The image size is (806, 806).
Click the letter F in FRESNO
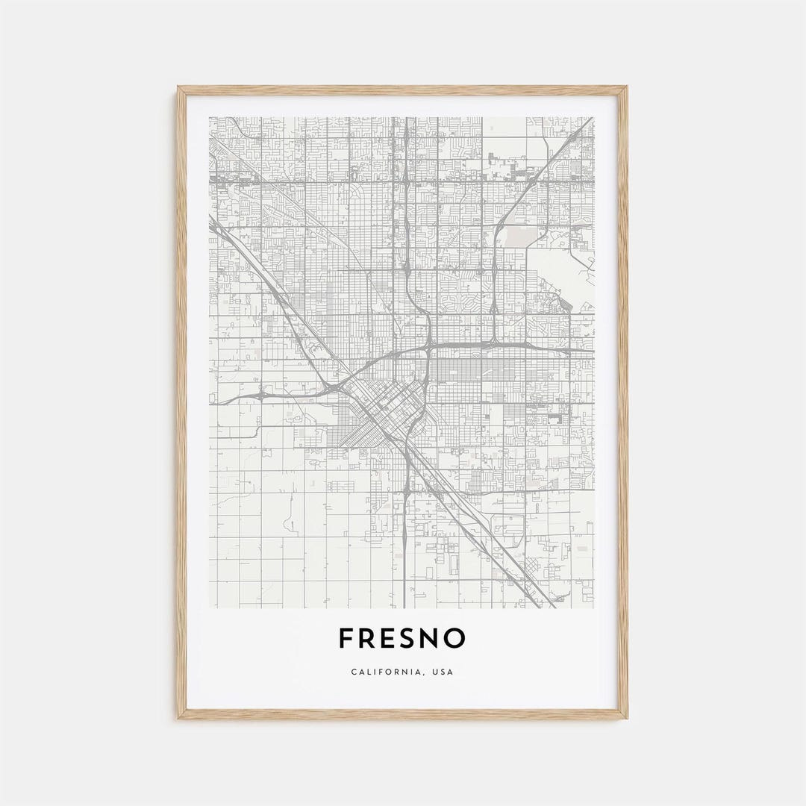click(346, 638)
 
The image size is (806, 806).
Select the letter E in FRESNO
click(393, 638)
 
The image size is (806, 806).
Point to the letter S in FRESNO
click(414, 638)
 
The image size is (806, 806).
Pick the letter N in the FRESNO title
click(436, 638)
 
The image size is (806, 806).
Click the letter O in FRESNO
click(457, 638)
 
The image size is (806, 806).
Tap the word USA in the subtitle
click(442, 672)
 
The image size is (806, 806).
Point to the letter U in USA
click(434, 672)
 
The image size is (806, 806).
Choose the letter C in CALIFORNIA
click(354, 672)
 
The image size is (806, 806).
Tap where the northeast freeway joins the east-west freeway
click(495, 343)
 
